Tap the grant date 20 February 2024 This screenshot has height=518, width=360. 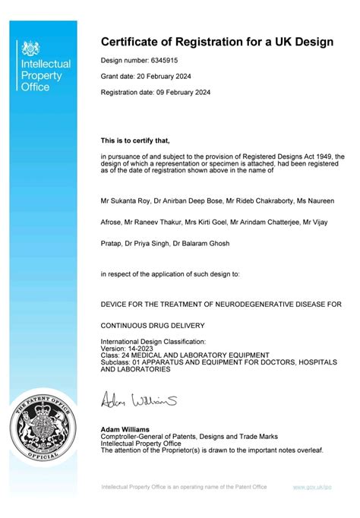tap(162, 77)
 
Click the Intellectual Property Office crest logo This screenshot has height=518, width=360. tap(31, 49)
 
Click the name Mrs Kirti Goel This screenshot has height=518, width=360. tap(204, 223)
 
